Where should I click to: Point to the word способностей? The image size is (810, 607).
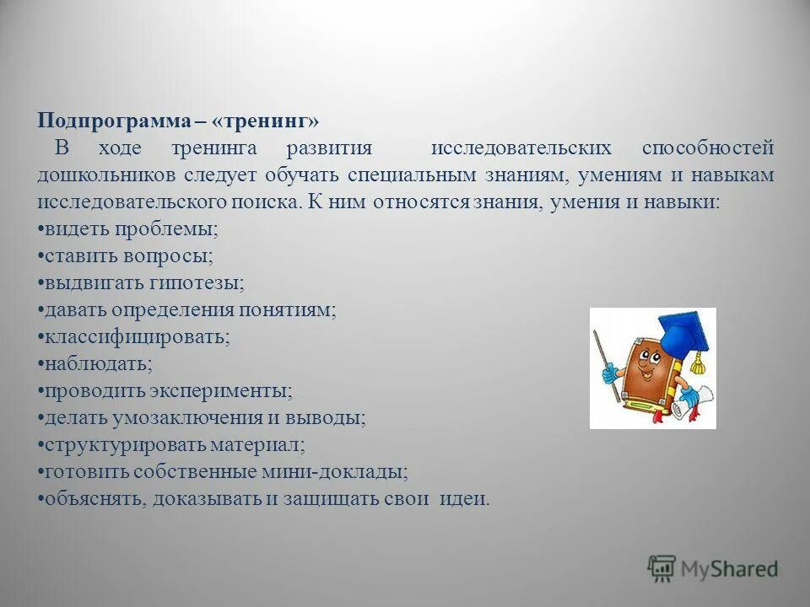point(707,148)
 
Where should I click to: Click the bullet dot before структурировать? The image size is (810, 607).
point(40,444)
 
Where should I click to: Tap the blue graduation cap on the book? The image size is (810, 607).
point(680,333)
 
